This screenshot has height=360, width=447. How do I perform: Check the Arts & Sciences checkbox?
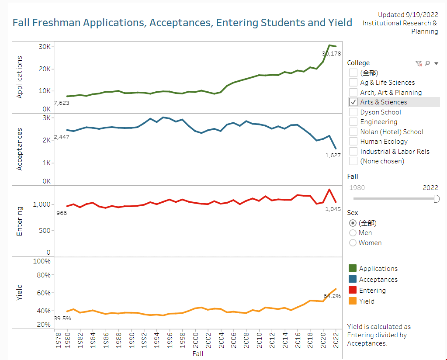tap(353, 102)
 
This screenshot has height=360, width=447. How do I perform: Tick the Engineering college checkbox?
tap(353, 122)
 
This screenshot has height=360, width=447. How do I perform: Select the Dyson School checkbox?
tap(353, 112)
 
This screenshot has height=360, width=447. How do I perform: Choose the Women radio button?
tap(353, 243)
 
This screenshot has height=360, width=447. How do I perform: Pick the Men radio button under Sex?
tap(353, 233)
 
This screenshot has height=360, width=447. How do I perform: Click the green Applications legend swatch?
tap(352, 269)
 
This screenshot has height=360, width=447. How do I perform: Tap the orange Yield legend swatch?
tap(352, 301)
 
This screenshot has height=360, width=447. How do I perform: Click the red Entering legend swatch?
tap(352, 291)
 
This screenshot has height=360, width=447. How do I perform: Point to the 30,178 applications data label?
tap(332, 54)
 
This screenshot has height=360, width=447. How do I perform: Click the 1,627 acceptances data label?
tap(333, 155)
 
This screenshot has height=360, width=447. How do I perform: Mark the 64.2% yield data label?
tap(332, 296)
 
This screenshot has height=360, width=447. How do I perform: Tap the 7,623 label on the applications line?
tap(61, 103)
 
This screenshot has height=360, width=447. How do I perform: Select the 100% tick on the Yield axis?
tap(42, 261)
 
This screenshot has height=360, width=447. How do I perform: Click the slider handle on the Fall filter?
tap(436, 199)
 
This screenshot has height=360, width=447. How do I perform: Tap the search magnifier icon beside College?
tap(427, 63)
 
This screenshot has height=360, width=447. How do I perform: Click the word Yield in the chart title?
tap(340, 23)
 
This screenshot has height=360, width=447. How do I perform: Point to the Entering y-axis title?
tap(19, 221)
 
